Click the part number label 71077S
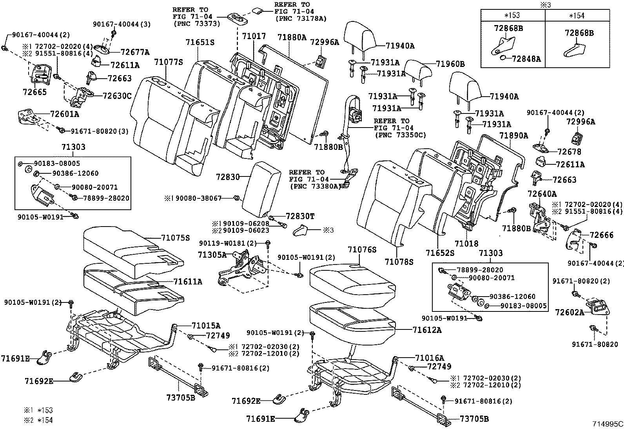tap(169, 62)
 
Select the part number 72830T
tap(300, 216)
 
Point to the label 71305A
tap(212, 255)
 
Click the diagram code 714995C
tap(608, 424)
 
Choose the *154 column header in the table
tap(577, 15)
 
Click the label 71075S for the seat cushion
tap(175, 237)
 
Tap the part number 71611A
tap(188, 281)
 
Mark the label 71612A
tap(427, 330)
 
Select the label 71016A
tap(430, 358)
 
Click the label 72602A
tap(570, 312)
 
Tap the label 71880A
tap(292, 38)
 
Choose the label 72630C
tap(117, 95)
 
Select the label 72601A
tap(65, 114)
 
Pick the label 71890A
tap(514, 136)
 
